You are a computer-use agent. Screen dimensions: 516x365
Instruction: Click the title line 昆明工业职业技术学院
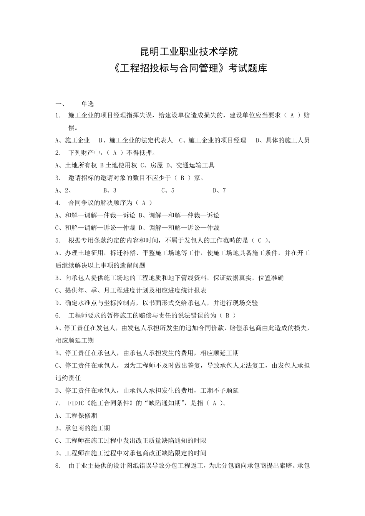tap(182, 51)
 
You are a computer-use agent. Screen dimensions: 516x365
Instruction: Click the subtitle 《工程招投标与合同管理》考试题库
tap(182, 69)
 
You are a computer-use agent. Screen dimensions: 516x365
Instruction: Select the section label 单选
tap(87, 104)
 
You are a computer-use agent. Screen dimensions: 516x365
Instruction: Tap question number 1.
tap(58, 115)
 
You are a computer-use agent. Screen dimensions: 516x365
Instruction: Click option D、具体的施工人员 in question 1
tap(282, 140)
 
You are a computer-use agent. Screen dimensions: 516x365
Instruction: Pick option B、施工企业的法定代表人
tap(136, 140)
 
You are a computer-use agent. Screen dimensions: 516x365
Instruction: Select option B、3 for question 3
tap(110, 190)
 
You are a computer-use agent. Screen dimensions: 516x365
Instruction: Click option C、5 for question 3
tap(168, 190)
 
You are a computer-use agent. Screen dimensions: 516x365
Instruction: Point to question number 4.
tap(58, 203)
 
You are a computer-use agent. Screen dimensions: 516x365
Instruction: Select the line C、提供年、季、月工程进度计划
tap(131, 290)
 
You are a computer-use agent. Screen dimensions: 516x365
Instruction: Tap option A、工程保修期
tap(76, 415)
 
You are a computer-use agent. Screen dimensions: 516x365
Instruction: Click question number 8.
tap(58, 466)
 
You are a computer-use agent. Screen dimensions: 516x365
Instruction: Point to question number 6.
tap(58, 316)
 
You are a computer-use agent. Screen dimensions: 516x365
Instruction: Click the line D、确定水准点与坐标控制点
tap(156, 303)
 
